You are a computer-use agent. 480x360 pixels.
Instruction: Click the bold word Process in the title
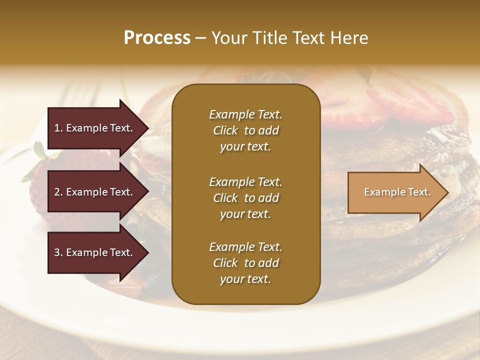(157, 38)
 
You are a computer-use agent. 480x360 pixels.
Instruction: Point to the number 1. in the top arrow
(58, 128)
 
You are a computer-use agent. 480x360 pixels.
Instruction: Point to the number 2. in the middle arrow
(58, 192)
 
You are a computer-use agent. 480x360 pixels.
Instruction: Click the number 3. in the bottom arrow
(58, 252)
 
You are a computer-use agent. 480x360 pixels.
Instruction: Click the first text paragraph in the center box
(245, 130)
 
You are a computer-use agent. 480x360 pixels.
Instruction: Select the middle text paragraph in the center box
(245, 198)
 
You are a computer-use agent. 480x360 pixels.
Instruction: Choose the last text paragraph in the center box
(245, 263)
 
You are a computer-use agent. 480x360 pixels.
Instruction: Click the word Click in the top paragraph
(225, 130)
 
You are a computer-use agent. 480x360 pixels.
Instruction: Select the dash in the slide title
(200, 38)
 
